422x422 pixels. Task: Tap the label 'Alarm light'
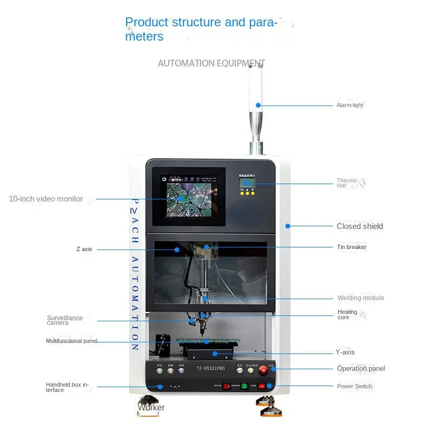350,105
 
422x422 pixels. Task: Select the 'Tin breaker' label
351,247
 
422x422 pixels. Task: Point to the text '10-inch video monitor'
46,199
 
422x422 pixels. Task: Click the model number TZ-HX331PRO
210,369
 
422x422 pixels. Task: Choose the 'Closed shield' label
360,226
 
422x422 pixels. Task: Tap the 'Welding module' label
361,298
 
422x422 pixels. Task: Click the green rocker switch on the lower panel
245,386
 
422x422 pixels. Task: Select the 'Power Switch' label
354,386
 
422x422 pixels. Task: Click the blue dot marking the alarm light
258,105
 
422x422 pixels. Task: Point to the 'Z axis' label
84,249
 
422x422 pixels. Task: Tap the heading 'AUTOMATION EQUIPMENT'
211,63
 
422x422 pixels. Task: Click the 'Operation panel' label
361,369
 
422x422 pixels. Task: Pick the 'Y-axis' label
345,352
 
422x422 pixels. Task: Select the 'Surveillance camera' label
64,320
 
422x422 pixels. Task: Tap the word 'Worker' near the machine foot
151,407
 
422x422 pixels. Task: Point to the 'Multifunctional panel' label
71,341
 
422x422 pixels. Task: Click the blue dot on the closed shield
288,226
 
